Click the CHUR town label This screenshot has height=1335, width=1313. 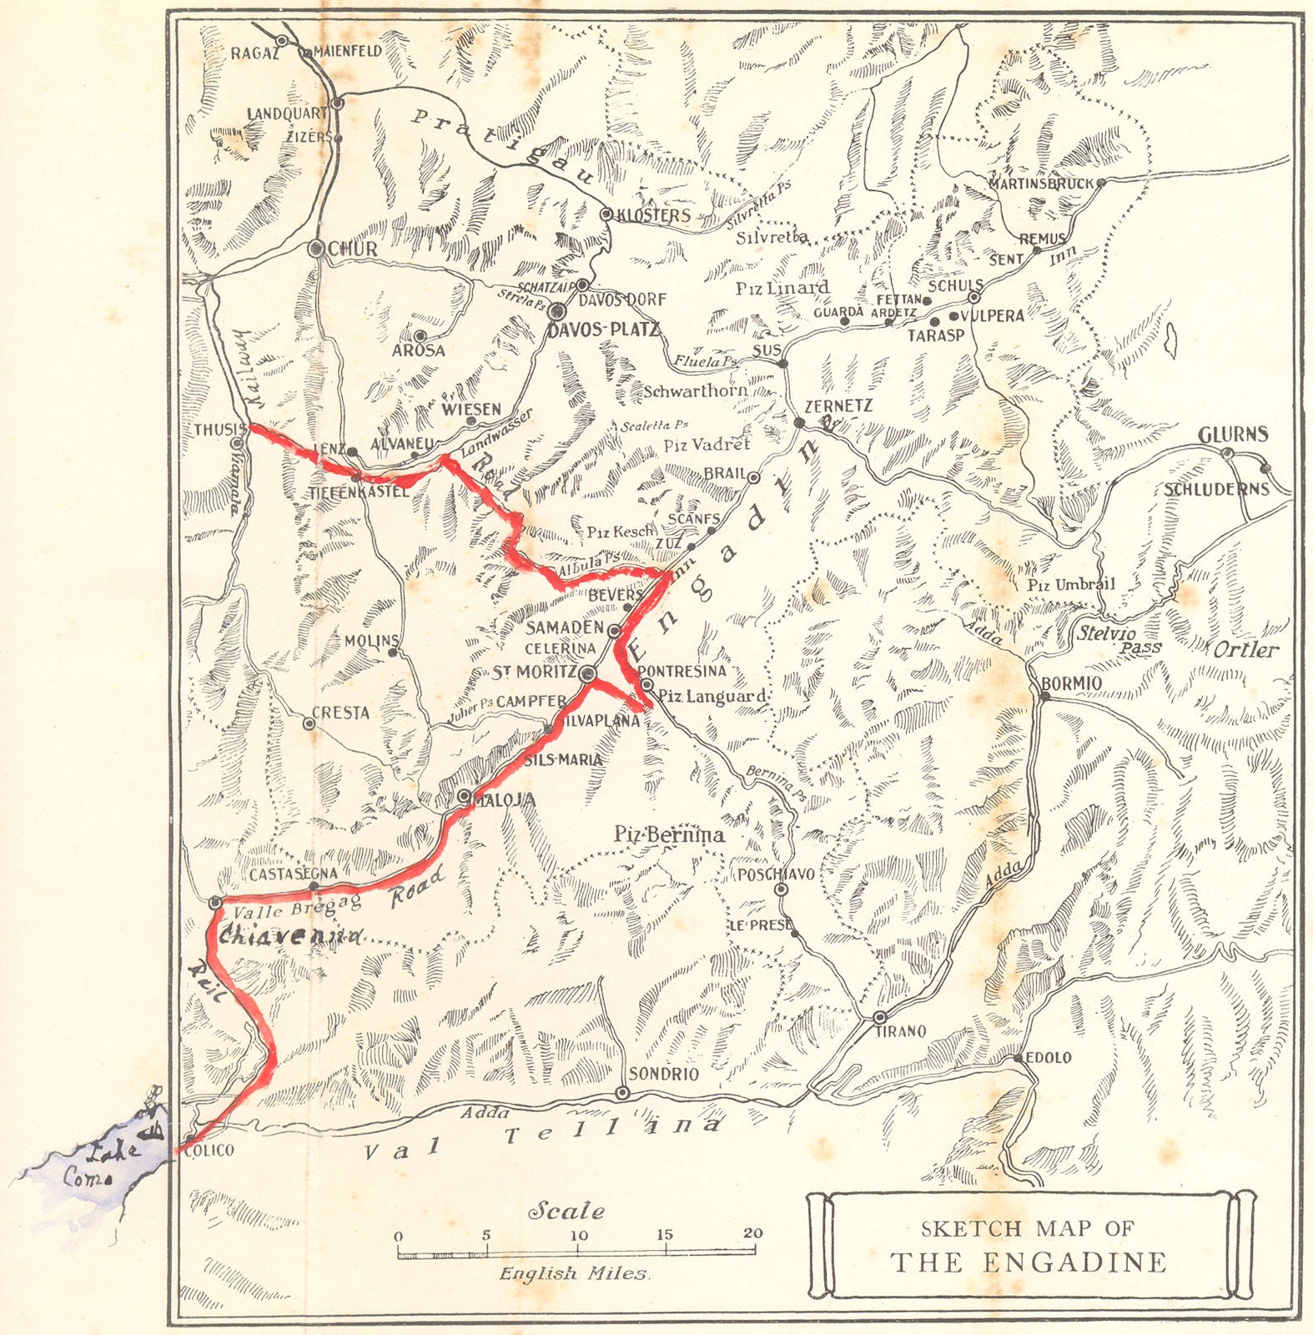point(353,249)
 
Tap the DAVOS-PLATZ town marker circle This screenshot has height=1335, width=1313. point(558,313)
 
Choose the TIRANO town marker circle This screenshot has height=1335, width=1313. point(880,1018)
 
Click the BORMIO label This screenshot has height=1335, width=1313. point(1072,683)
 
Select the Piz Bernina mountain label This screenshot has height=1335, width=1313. point(669,834)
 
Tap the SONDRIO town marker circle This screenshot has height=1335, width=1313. point(621,1093)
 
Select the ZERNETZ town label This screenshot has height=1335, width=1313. point(838,406)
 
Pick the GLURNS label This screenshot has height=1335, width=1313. point(1232,435)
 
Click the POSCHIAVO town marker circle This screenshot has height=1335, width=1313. point(782,889)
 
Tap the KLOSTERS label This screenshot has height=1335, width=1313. point(653,215)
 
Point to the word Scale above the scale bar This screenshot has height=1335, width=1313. point(566,1210)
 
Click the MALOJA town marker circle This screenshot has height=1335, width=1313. point(465,795)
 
